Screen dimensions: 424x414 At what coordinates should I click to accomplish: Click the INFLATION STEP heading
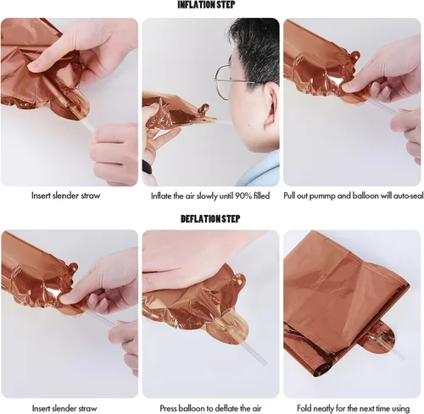coord(206,5)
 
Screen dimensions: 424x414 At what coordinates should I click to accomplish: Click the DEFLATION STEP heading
coord(210,218)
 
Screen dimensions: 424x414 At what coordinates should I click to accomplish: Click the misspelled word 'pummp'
coord(322,196)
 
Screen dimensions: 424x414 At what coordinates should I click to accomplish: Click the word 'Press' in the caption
coord(169,408)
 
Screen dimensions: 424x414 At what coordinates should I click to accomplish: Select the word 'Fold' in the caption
coord(304,408)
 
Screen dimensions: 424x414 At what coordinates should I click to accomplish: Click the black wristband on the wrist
coord(147,168)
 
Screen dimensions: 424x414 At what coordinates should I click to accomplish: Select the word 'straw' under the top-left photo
coord(91,196)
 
